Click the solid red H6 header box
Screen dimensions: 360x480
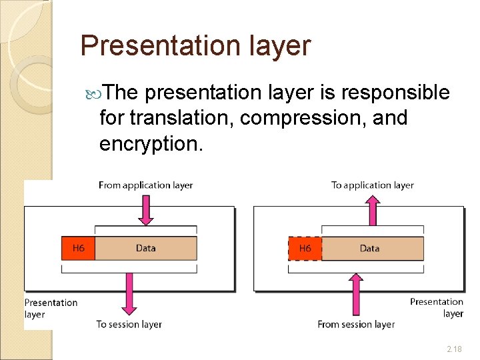click(78, 249)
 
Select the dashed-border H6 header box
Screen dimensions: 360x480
click(305, 249)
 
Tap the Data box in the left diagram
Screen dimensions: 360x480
click(146, 249)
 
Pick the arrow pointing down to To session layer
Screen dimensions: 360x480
click(129, 293)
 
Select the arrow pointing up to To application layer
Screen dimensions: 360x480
click(373, 209)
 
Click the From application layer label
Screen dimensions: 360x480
click(145, 185)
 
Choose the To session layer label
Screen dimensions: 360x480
click(129, 324)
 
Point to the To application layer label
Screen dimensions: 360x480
click(372, 185)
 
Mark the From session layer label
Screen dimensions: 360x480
click(356, 324)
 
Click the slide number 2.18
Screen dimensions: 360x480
click(454, 349)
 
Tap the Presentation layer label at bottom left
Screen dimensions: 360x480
click(51, 308)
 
